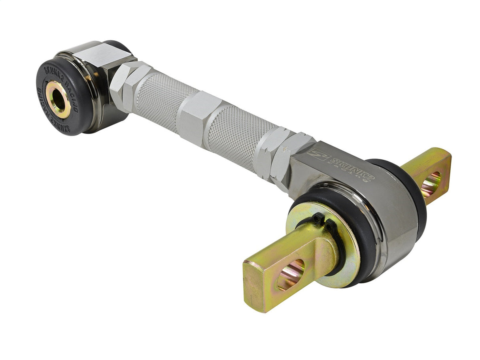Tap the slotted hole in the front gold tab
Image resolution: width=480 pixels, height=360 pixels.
click(x=291, y=275)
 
